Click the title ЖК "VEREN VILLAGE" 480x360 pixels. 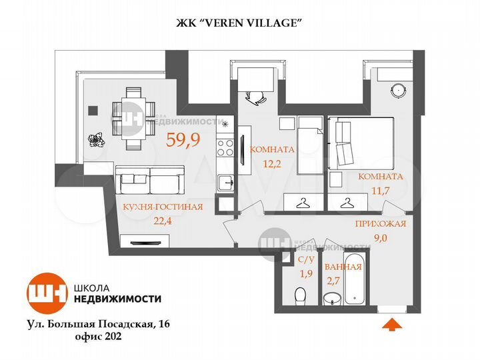(x=239, y=22)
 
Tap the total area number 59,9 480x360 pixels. (x=182, y=141)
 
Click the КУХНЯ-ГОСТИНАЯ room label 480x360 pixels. (x=163, y=207)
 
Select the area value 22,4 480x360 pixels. (x=161, y=220)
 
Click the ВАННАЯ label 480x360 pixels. (x=343, y=267)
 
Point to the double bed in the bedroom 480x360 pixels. (x=361, y=143)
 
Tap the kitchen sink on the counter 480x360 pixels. (x=227, y=181)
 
